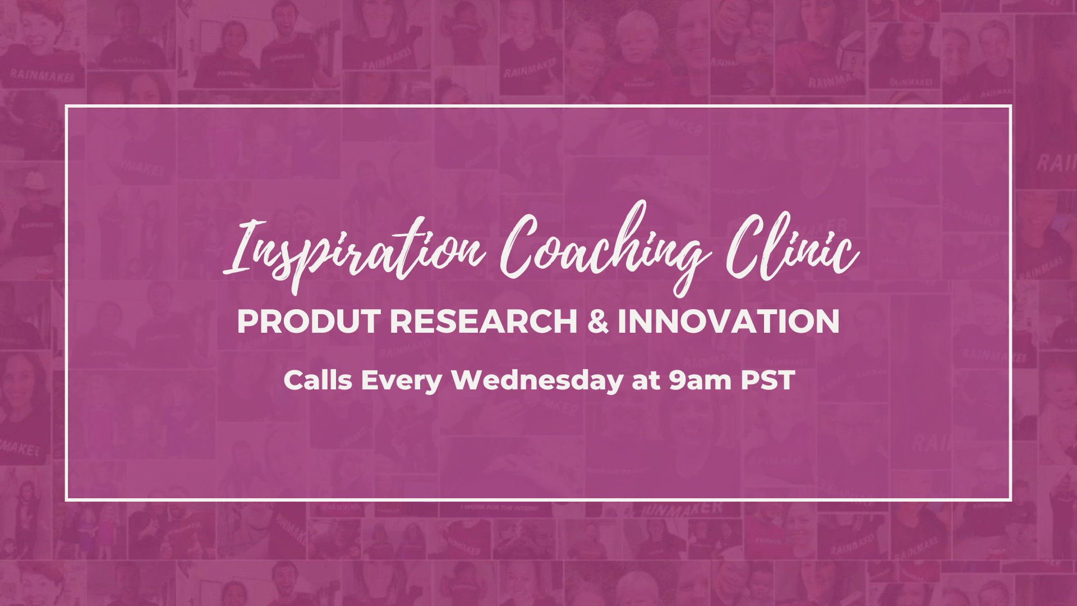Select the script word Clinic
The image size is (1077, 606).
click(x=792, y=247)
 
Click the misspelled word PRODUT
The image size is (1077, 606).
click(x=309, y=322)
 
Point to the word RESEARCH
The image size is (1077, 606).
click(x=484, y=322)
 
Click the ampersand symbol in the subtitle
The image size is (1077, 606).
click(x=598, y=322)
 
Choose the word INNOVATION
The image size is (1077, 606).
click(x=729, y=322)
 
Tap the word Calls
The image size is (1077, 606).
click(x=318, y=380)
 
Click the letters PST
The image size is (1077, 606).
click(x=768, y=380)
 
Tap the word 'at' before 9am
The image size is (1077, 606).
click(x=646, y=382)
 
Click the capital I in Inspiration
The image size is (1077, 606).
click(x=242, y=247)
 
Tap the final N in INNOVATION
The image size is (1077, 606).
click(x=827, y=322)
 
